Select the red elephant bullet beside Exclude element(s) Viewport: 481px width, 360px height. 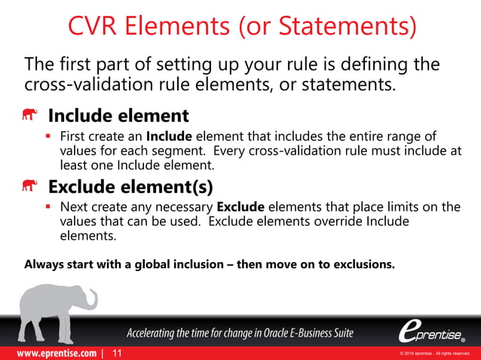pyautogui.click(x=30, y=185)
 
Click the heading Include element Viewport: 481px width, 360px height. pyautogui.click(x=118, y=117)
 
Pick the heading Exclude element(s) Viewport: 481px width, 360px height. pyautogui.click(x=130, y=185)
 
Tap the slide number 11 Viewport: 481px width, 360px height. pyautogui.click(x=116, y=352)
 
